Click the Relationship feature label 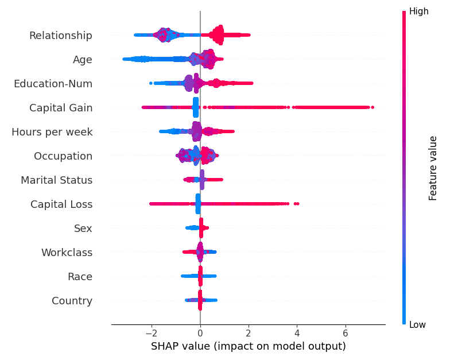(x=61, y=36)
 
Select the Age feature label (x=82, y=60)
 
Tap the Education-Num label (x=53, y=84)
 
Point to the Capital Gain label (x=61, y=108)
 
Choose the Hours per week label (x=52, y=132)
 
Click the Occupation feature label (x=63, y=156)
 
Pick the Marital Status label (x=56, y=180)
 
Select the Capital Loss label (x=61, y=204)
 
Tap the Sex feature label (x=83, y=229)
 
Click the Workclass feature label (x=67, y=253)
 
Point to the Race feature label (x=80, y=277)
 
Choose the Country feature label (x=72, y=301)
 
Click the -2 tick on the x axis (x=150, y=334)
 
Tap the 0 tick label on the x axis (x=200, y=334)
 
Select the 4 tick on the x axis (x=297, y=334)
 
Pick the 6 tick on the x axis (x=346, y=334)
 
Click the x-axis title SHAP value (x=248, y=347)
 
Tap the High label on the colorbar (x=418, y=11)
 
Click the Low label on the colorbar (x=417, y=325)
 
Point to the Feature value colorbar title (x=433, y=168)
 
